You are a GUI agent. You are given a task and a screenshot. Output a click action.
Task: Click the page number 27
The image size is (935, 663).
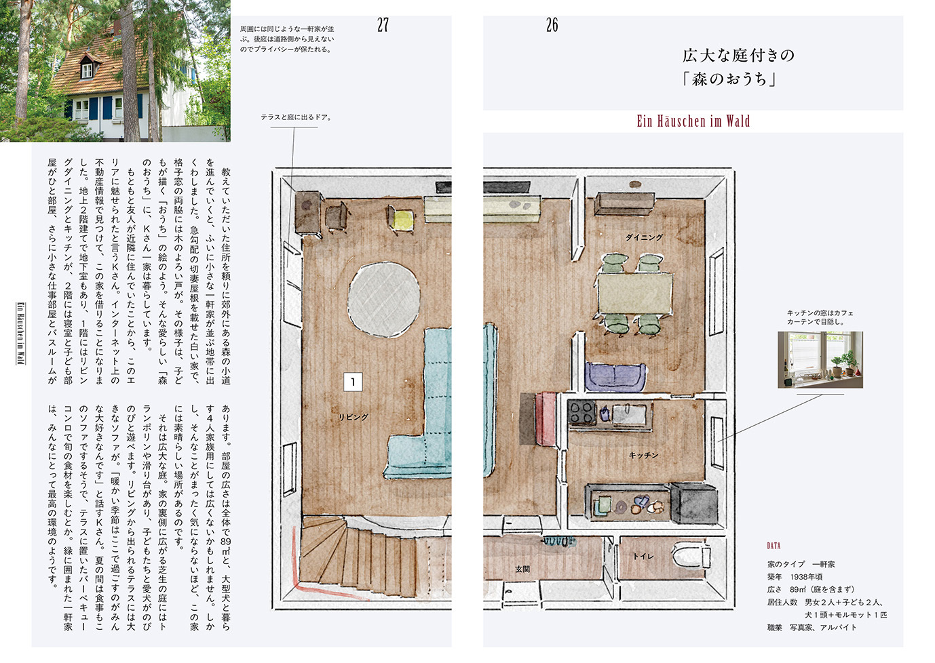pyautogui.click(x=383, y=26)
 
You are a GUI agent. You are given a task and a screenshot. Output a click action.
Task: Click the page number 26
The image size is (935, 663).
pyautogui.click(x=552, y=26)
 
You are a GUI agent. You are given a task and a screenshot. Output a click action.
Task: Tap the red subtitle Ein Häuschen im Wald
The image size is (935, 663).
pyautogui.click(x=693, y=121)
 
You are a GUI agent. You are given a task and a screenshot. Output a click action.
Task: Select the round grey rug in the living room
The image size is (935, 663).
pyautogui.click(x=383, y=300)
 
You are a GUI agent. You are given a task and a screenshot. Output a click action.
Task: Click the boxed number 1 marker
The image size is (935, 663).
pyautogui.click(x=353, y=382)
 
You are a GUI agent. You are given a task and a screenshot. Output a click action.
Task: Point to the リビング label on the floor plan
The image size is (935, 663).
pyautogui.click(x=354, y=416)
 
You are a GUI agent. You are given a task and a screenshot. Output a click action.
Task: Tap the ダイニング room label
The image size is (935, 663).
pyautogui.click(x=645, y=237)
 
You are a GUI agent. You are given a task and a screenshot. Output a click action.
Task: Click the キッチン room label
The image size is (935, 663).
pyautogui.click(x=643, y=456)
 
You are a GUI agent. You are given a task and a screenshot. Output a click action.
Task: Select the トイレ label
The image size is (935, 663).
pyautogui.click(x=643, y=557)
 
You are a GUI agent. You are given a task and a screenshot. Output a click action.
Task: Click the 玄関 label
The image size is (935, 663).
pyautogui.click(x=522, y=569)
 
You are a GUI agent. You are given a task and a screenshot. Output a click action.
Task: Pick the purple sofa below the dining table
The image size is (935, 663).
pyautogui.click(x=615, y=376)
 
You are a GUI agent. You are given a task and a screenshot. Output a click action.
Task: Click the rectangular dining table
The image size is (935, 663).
pyautogui.click(x=635, y=294)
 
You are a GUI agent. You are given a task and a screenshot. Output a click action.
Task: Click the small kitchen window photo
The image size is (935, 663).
pyautogui.click(x=820, y=359)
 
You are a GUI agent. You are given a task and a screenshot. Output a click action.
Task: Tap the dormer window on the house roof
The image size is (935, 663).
pyautogui.click(x=88, y=66)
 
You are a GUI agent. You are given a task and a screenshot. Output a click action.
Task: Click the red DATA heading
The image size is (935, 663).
pyautogui.click(x=774, y=546)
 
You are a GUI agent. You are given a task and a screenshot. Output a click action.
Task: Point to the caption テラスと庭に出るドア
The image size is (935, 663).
pyautogui.click(x=296, y=117)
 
